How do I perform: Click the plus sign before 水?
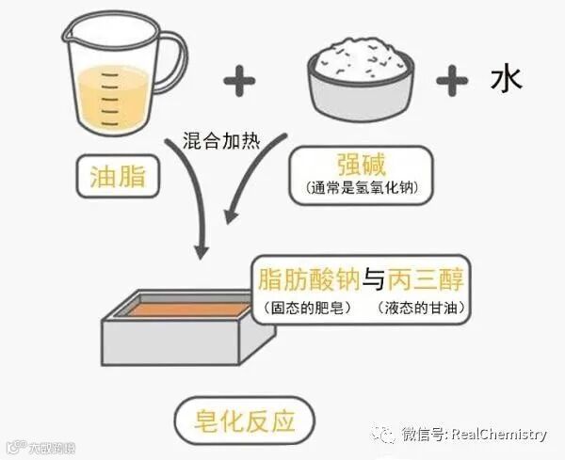(x=453, y=82)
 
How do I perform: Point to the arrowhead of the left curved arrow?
(x=199, y=251)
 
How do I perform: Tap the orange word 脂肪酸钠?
(x=310, y=279)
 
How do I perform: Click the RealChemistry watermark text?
(x=499, y=435)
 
